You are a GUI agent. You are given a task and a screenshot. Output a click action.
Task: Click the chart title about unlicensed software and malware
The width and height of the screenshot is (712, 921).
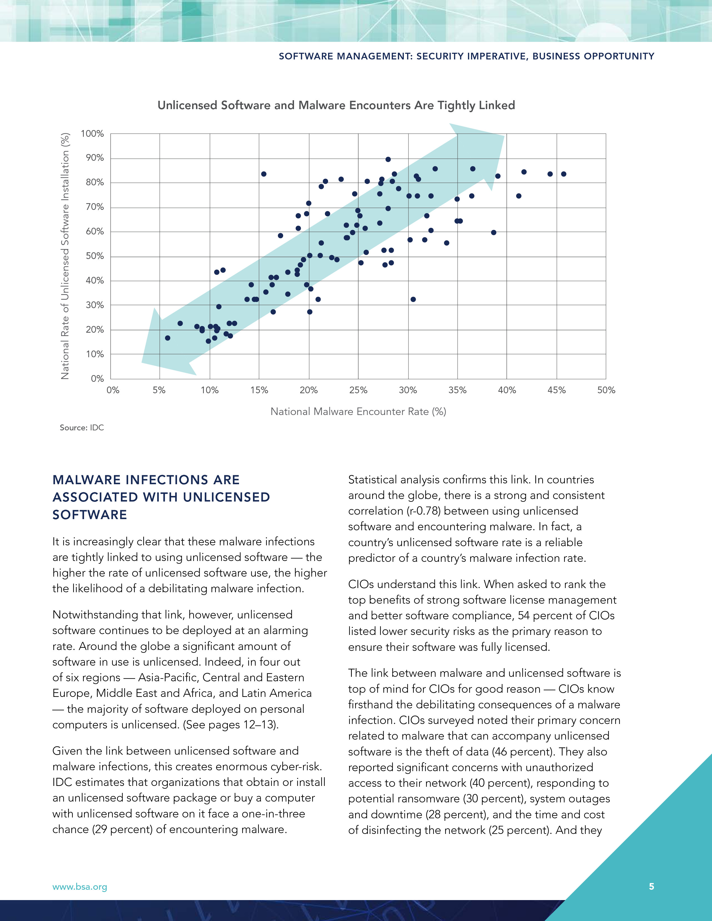(336, 105)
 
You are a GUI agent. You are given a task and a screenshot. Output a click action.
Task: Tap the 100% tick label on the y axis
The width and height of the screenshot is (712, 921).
(92, 134)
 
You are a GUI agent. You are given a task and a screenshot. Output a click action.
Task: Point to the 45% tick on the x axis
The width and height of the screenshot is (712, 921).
(556, 390)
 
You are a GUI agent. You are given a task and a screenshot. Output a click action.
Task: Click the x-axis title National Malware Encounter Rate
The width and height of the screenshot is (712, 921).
(358, 412)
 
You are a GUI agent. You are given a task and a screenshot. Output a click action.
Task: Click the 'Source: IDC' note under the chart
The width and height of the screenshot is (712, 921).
(82, 428)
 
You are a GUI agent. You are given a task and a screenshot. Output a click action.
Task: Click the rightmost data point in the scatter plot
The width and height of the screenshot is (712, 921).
(563, 174)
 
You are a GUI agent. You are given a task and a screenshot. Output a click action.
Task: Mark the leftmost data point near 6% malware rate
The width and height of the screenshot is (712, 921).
(168, 338)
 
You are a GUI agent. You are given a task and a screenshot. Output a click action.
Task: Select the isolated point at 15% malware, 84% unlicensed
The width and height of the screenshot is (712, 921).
(264, 174)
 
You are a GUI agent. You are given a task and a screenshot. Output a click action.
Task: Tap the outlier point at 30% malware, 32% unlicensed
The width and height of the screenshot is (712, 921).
(413, 299)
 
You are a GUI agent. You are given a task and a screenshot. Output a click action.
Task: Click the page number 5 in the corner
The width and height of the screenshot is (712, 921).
(651, 886)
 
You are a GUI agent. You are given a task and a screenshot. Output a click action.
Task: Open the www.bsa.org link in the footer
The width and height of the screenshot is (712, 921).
(80, 887)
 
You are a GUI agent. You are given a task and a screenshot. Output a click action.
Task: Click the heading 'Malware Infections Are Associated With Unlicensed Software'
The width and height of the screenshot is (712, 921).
(161, 497)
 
